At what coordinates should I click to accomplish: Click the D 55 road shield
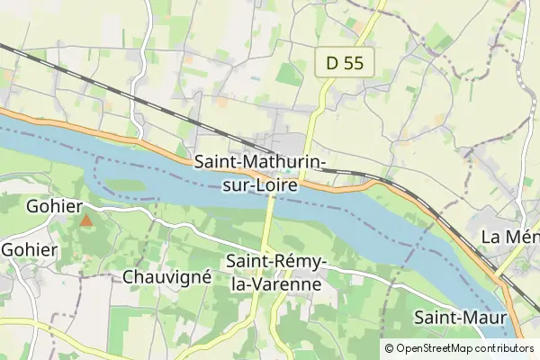[345, 63]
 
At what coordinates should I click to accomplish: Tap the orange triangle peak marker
[86, 220]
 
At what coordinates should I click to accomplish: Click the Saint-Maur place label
[461, 318]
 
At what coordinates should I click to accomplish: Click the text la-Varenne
[275, 284]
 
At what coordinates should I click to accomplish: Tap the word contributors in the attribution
[506, 348]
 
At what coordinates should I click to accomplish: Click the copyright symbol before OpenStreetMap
[389, 348]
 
